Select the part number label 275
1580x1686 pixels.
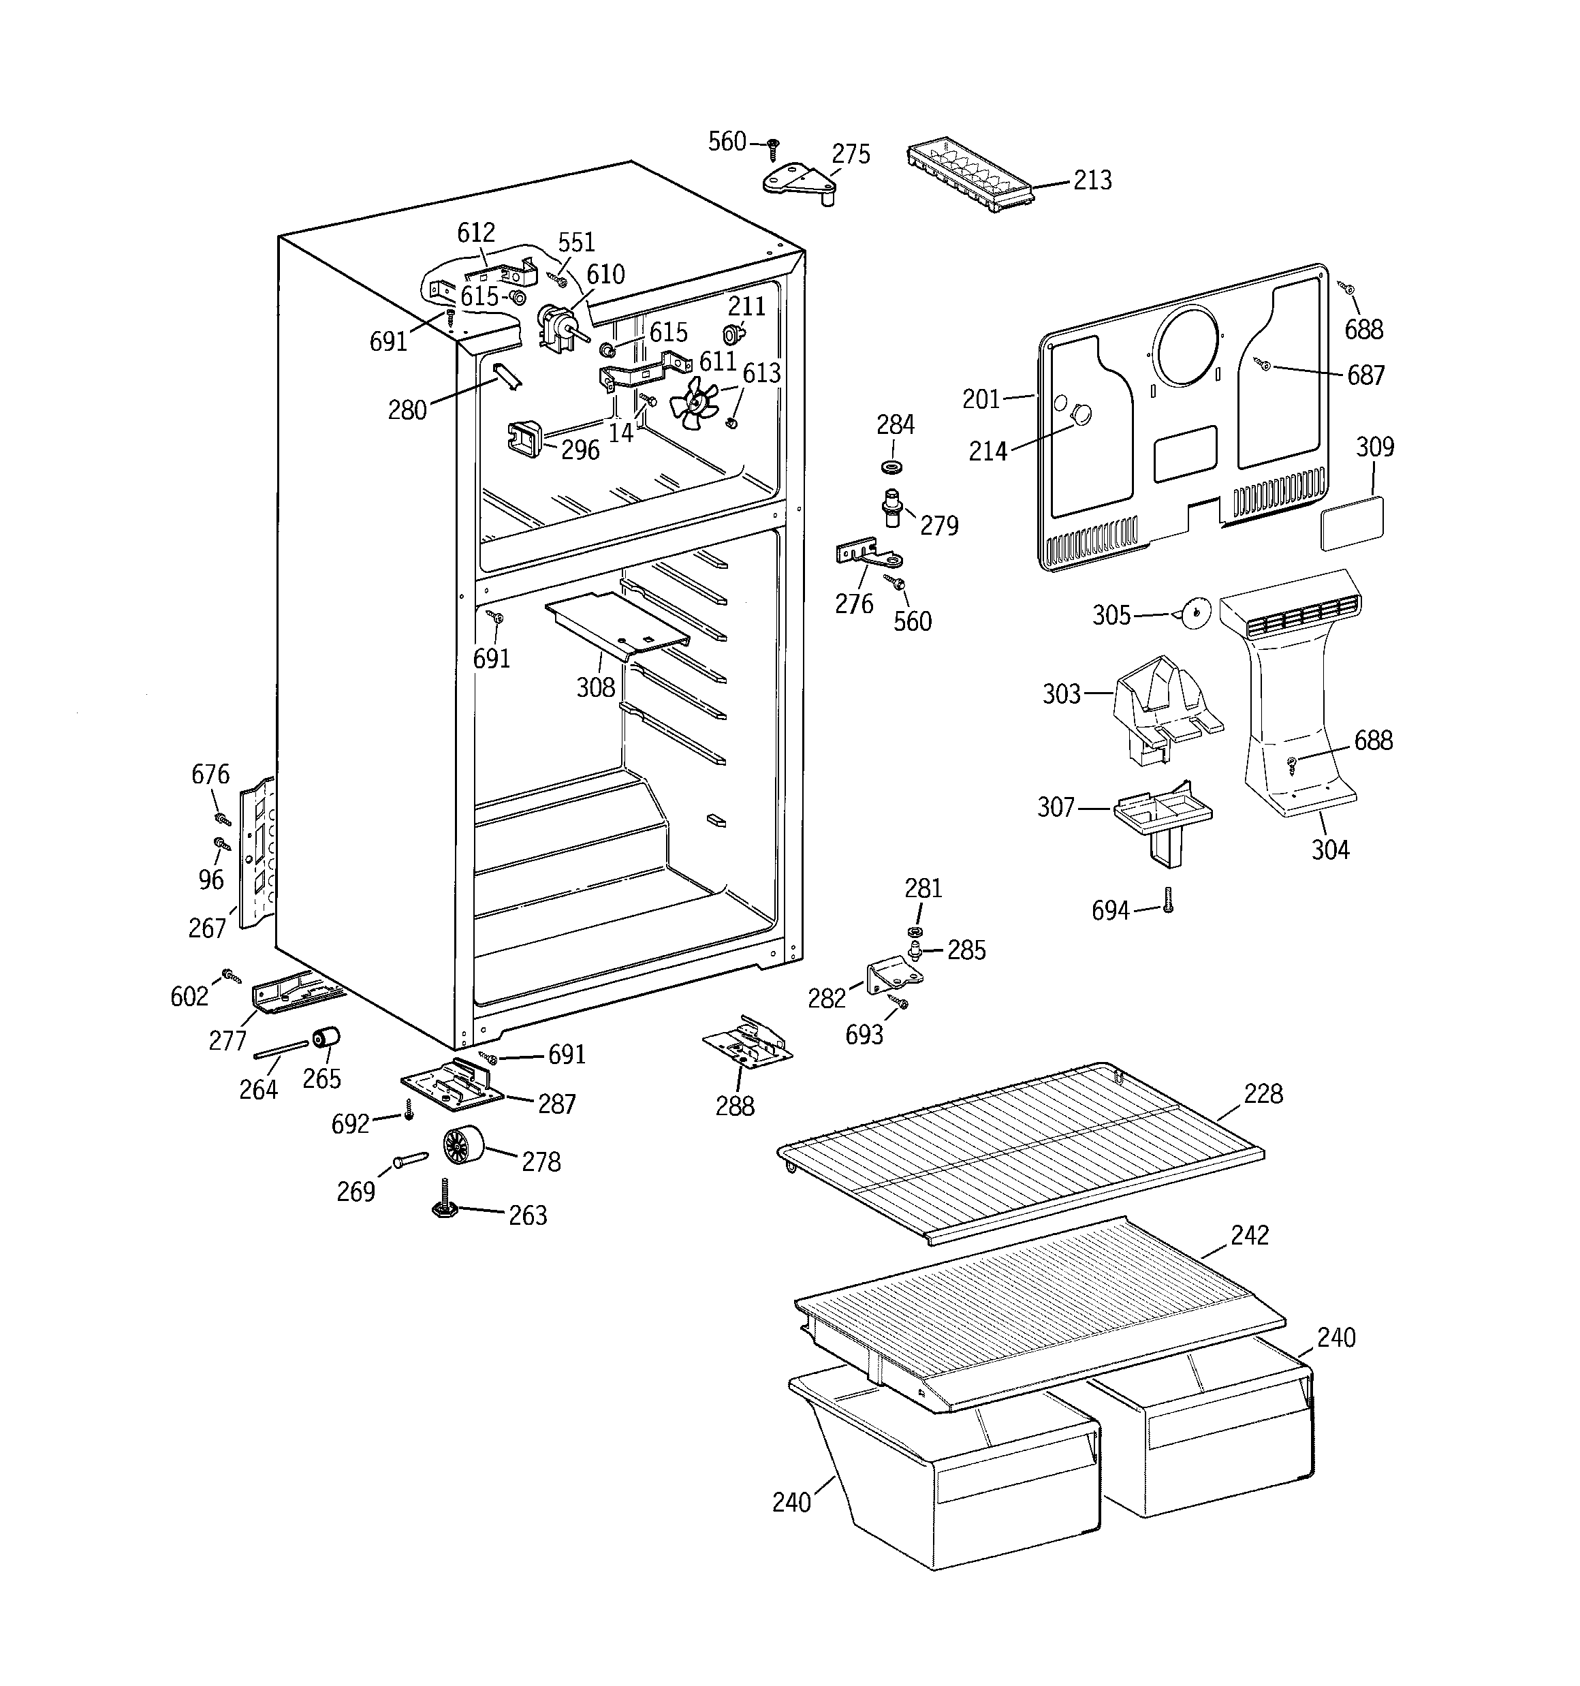pyautogui.click(x=850, y=155)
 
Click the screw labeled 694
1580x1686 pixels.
pyautogui.click(x=1168, y=900)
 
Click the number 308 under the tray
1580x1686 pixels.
pyautogui.click(x=595, y=687)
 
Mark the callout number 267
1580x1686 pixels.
pyautogui.click(x=207, y=928)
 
